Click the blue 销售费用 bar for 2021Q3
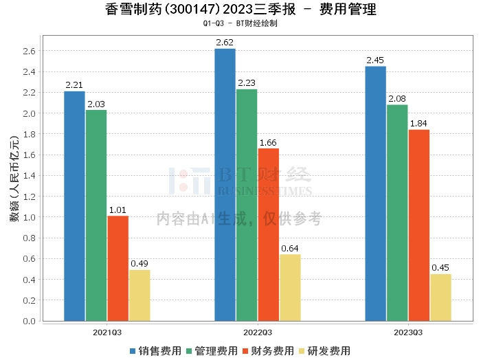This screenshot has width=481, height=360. click(74, 206)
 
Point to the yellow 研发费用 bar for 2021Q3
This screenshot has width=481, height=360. click(139, 295)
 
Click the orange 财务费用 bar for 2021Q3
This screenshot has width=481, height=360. click(118, 268)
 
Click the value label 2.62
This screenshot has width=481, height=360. click(225, 42)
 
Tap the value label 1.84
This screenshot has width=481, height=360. click(419, 124)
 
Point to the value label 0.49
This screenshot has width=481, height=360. click(139, 264)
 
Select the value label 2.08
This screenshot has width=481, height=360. click(397, 99)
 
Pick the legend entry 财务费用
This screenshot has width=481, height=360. click(269, 351)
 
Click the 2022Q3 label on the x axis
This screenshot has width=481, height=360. click(257, 332)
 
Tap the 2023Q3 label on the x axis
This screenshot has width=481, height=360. click(407, 332)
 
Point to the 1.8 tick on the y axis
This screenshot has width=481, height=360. click(28, 134)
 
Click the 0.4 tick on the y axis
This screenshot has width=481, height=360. click(28, 280)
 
